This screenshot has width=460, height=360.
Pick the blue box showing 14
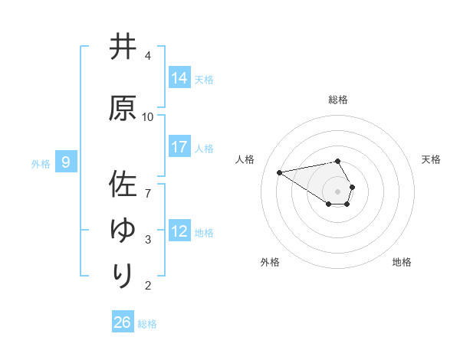point(179,78)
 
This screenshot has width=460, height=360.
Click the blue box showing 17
point(179,147)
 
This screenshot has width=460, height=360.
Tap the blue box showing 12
point(179,231)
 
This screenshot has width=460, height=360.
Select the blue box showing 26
point(122,322)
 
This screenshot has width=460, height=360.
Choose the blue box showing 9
point(66,162)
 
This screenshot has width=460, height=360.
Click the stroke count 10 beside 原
point(148,116)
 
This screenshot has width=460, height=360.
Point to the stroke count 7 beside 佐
point(148,185)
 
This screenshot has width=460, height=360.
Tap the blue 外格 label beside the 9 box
point(41,162)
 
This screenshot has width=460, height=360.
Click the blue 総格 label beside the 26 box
point(147,323)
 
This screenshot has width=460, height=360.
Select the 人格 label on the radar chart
point(245,159)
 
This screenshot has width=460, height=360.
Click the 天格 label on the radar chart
point(431,159)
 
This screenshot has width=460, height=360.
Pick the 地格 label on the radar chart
point(402,262)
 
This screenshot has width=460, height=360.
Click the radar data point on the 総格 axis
point(338,161)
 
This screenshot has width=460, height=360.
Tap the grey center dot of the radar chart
point(338,191)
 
